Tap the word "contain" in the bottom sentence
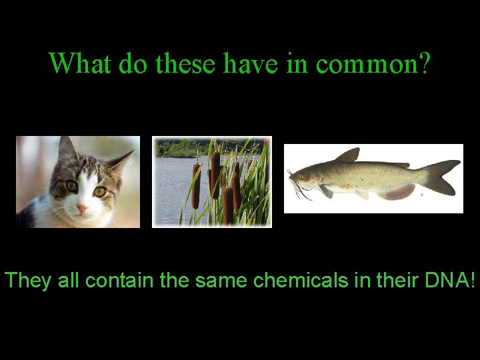(x=121, y=281)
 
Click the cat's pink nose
(x=82, y=209)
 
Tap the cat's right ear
(x=120, y=160)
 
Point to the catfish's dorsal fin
(x=349, y=156)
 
